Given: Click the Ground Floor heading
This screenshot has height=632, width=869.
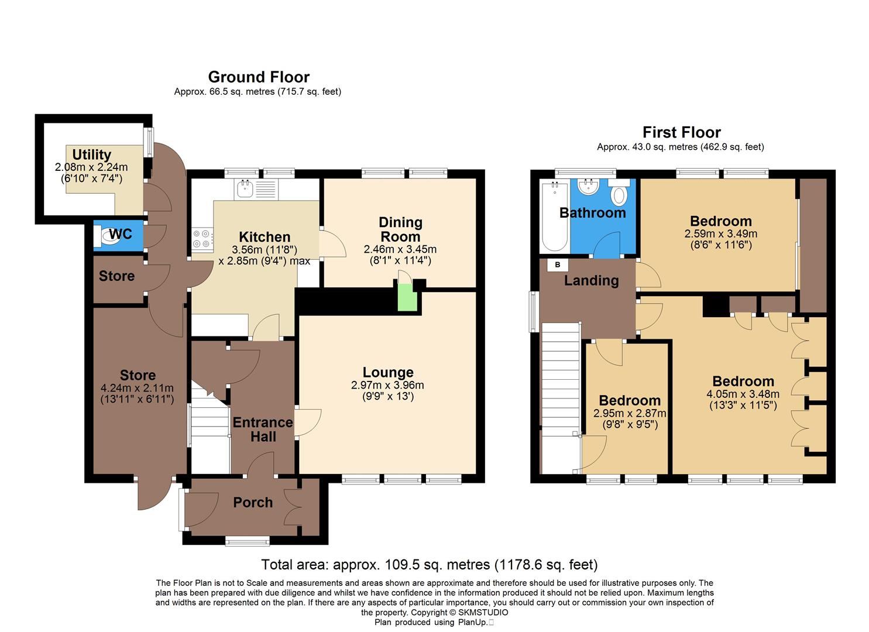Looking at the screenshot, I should click(x=259, y=77).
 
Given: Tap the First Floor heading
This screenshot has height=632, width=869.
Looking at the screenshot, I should click(x=681, y=132).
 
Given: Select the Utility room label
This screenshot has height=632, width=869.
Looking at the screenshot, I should click(x=91, y=154).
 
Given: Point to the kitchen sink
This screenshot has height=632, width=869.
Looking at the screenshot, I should click(x=246, y=188).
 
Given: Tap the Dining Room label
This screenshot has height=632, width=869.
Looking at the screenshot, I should click(x=400, y=229).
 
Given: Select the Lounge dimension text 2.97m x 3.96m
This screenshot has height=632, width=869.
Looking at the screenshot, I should click(x=387, y=385).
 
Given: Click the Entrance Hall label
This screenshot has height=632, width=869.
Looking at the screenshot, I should click(x=263, y=429).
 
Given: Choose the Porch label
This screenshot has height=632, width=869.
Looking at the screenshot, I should click(x=253, y=502).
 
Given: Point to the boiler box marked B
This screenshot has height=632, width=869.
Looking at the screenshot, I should click(x=557, y=265).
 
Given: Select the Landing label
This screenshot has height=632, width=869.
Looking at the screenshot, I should click(x=591, y=280).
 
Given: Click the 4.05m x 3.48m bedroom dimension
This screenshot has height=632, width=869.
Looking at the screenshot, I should click(x=743, y=394).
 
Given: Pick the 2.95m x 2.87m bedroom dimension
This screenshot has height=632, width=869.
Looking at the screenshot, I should click(x=630, y=413).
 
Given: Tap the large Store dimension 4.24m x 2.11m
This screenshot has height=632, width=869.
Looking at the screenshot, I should click(x=137, y=388).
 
